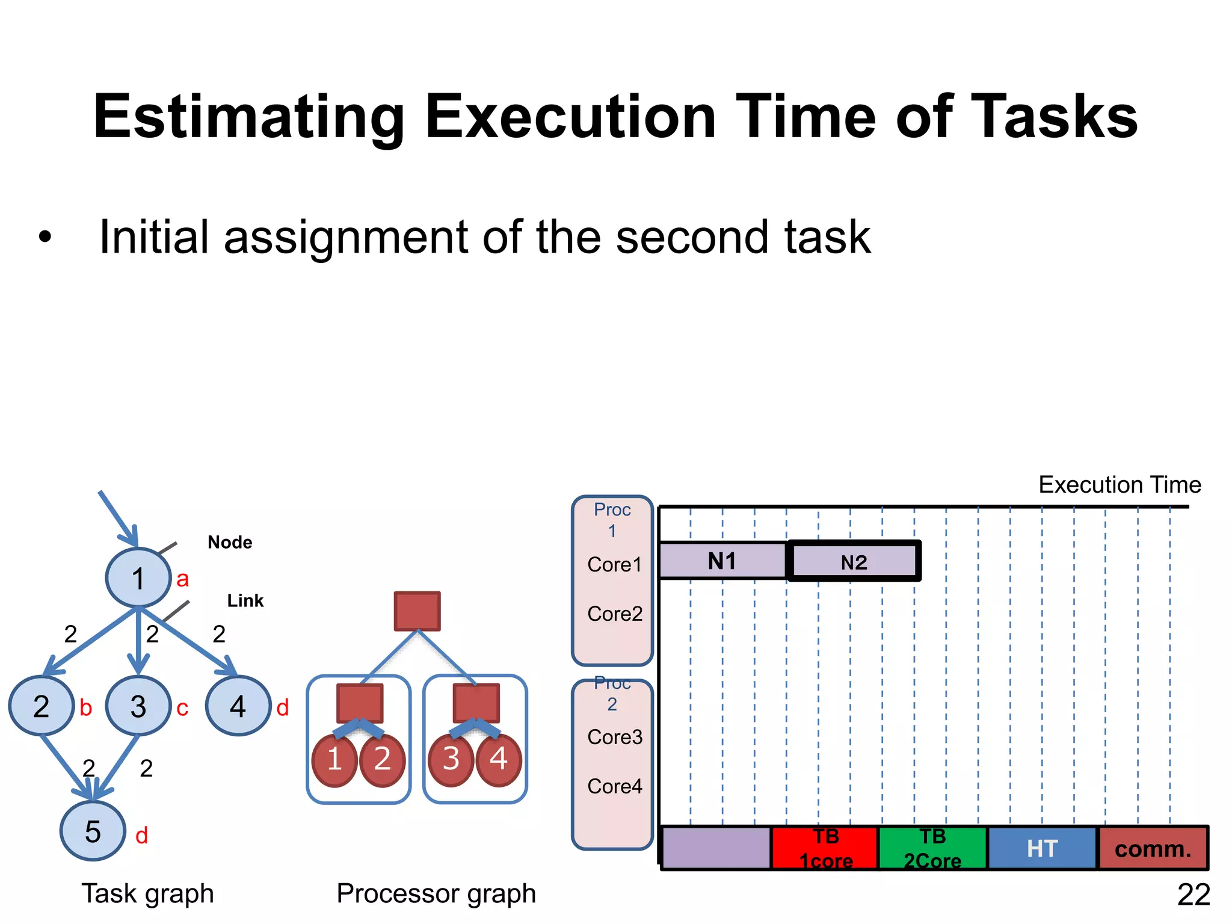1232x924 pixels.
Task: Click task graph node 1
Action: (138, 577)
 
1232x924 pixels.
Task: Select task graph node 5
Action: (93, 831)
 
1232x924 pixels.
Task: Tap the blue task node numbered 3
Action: (138, 706)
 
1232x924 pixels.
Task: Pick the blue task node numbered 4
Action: (238, 706)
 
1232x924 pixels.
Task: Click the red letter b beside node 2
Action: (86, 708)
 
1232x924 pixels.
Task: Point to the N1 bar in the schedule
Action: (722, 561)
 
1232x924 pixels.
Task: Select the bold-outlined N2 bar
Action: (854, 561)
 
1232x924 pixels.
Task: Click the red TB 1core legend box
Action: (825, 848)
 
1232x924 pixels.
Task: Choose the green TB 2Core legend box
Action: (932, 848)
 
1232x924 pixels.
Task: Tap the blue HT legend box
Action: (1042, 848)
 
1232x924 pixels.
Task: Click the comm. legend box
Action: (1153, 848)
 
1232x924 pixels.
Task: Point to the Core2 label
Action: (615, 614)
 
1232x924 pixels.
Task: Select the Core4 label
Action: (615, 786)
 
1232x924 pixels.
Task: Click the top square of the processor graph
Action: (417, 611)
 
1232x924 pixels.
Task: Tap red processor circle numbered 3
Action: (451, 759)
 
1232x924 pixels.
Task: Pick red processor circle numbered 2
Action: (382, 759)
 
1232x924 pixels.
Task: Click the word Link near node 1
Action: (245, 600)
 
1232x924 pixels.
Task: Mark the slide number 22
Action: (1193, 895)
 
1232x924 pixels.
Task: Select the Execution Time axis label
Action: (1120, 484)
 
